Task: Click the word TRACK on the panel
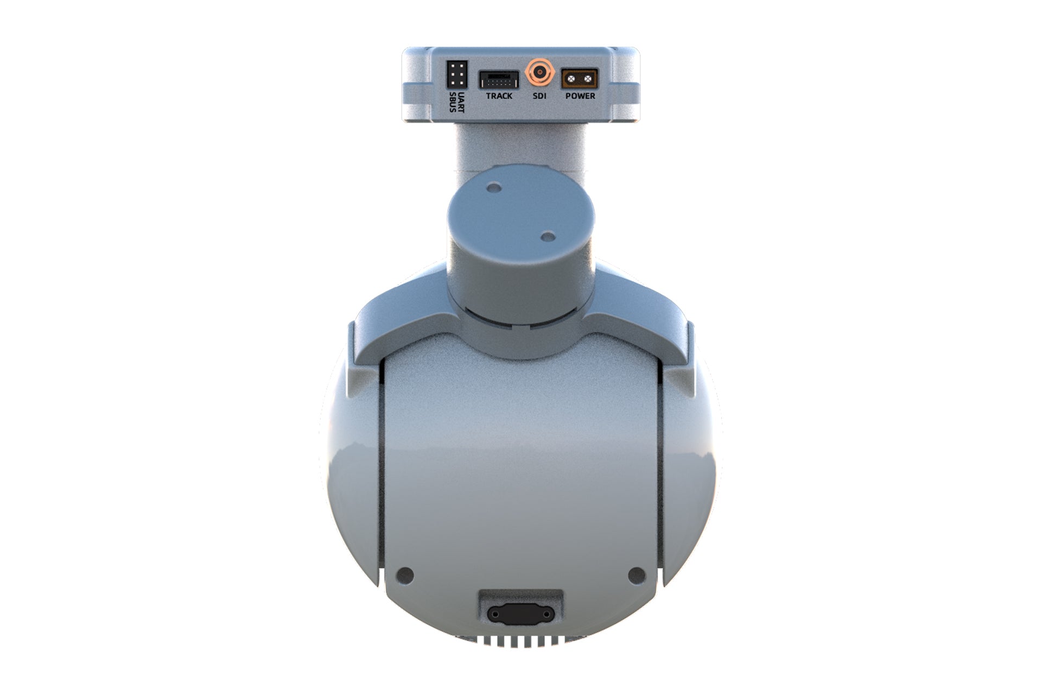click(x=499, y=96)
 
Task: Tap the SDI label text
click(x=539, y=96)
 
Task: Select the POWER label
click(x=580, y=96)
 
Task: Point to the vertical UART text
click(x=461, y=102)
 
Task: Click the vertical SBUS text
click(x=453, y=102)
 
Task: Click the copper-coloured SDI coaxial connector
click(x=539, y=72)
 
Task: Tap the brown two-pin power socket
click(x=579, y=79)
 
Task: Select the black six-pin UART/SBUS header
click(x=456, y=74)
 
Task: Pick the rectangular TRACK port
click(x=498, y=80)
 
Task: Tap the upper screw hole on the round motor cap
click(x=494, y=188)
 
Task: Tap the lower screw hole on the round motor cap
click(x=548, y=237)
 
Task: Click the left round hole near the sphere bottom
click(x=405, y=574)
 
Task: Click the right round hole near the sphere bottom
click(x=636, y=574)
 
